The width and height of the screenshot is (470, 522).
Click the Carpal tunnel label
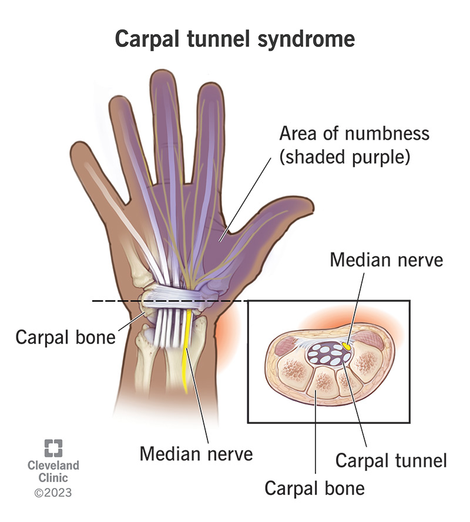click(x=391, y=460)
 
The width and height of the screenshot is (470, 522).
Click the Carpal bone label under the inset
click(x=314, y=487)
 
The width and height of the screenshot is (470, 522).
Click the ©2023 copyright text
click(x=52, y=491)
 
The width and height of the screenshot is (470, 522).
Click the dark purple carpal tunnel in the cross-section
click(x=327, y=355)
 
